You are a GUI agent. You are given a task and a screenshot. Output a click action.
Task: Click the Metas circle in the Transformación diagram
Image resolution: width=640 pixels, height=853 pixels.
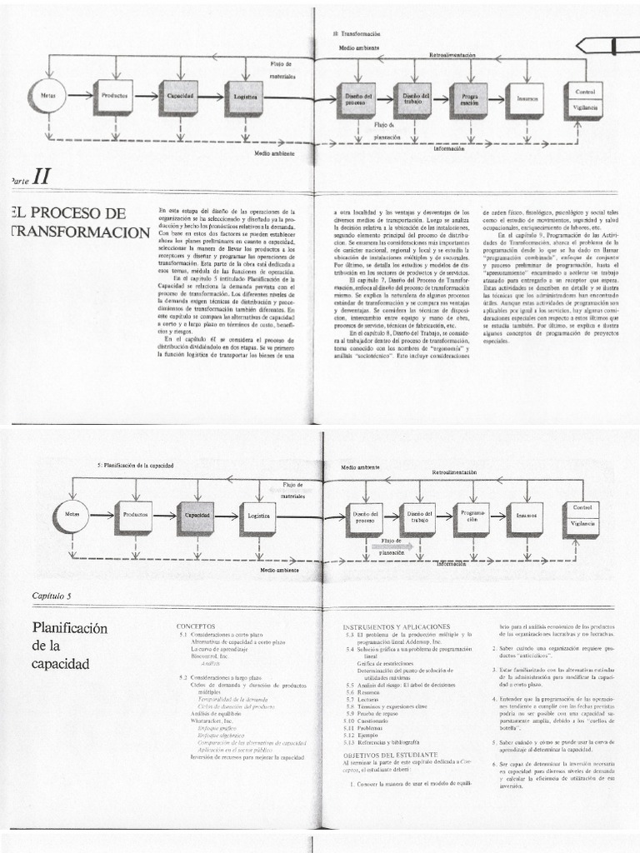(47, 96)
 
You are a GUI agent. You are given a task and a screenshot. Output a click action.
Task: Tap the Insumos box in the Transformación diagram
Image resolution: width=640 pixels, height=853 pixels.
(524, 98)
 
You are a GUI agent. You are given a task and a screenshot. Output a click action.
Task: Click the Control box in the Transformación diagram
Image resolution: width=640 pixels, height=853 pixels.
(583, 91)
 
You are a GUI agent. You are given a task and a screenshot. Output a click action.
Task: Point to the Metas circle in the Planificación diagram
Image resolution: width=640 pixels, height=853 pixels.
(72, 516)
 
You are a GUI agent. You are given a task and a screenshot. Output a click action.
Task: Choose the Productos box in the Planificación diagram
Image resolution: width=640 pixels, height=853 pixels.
(134, 516)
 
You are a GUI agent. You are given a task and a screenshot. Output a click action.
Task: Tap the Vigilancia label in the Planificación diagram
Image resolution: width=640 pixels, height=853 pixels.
(583, 523)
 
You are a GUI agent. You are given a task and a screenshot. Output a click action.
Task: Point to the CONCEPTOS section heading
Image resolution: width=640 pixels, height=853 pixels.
(197, 624)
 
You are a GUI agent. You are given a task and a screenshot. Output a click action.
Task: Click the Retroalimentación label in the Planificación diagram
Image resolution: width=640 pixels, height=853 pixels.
(454, 472)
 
